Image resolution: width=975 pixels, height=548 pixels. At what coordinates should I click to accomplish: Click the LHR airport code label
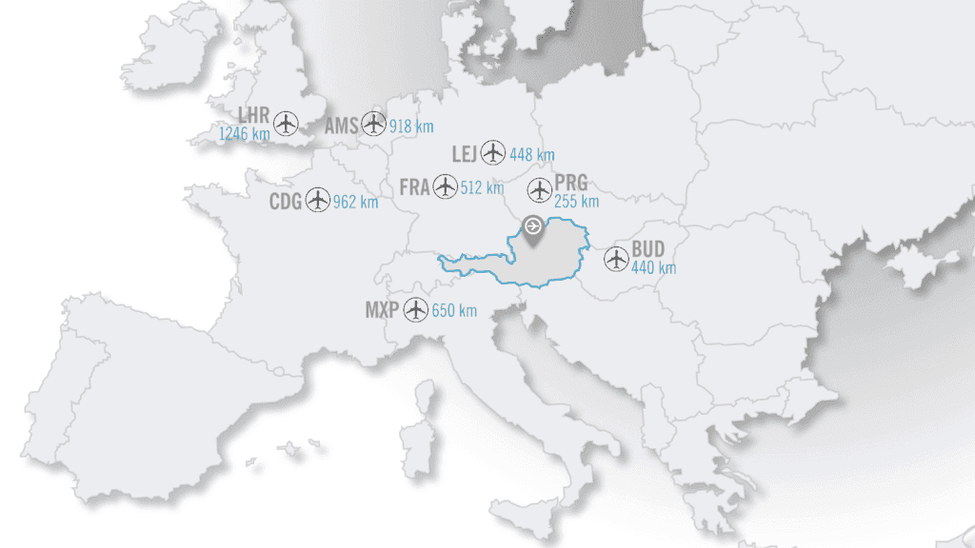coord(253,115)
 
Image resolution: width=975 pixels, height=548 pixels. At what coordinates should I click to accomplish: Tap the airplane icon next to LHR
coord(286,123)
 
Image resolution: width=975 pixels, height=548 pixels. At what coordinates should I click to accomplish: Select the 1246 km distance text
coord(245,134)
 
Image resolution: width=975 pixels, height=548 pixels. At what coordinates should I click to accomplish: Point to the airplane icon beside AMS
coord(374,123)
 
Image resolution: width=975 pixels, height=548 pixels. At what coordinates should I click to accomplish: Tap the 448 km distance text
coord(532,155)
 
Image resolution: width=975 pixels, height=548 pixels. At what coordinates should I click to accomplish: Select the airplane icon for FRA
coord(445,186)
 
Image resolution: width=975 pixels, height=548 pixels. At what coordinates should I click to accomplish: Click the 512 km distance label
coord(482,188)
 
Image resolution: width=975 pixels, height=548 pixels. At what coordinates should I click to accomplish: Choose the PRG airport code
coord(571,184)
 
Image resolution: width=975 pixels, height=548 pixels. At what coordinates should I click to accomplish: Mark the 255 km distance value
coord(577,202)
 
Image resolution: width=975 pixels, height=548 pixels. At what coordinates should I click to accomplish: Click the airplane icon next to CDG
coord(318,201)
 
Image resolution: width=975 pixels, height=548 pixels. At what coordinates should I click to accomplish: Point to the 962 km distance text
coord(356,203)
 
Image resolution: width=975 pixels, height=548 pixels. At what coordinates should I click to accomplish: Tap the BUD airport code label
coord(648,250)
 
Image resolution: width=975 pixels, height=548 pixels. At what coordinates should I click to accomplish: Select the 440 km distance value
coord(654,268)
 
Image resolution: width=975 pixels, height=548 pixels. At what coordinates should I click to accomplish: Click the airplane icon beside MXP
coord(415,309)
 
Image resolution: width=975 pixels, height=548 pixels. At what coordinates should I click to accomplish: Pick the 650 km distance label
coord(454,310)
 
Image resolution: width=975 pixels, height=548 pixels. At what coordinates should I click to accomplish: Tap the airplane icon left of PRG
coord(540,189)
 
